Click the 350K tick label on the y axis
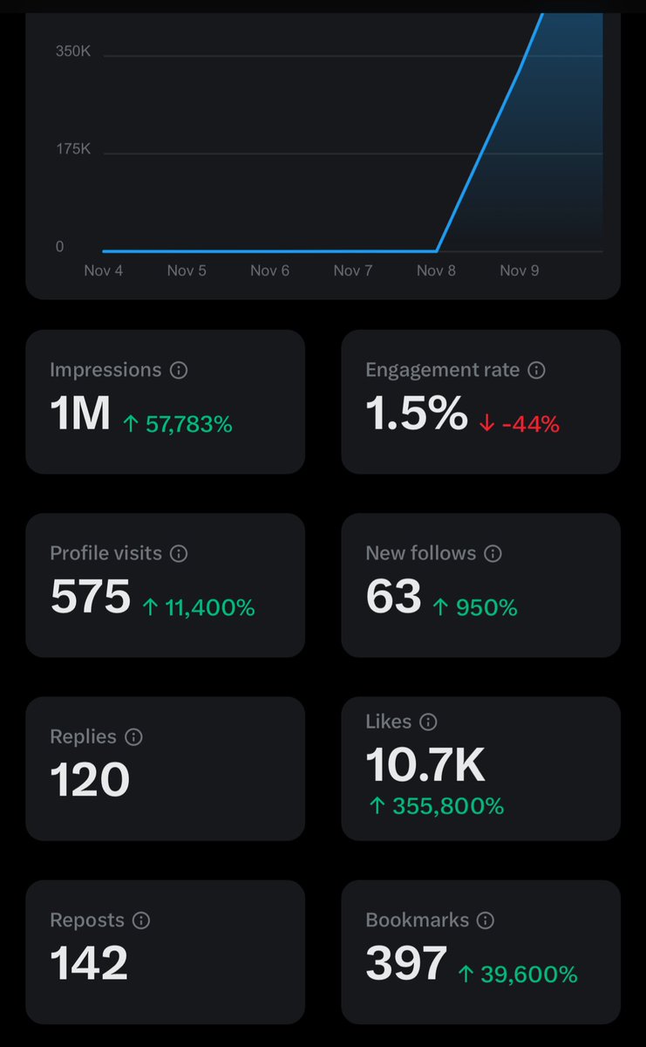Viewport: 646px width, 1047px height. click(73, 51)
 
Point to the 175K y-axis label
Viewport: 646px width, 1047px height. click(73, 149)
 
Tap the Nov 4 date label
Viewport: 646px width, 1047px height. click(103, 270)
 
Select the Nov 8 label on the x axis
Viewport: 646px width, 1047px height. click(436, 270)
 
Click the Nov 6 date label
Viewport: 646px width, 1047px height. click(269, 270)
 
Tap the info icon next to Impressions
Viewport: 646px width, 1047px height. click(179, 370)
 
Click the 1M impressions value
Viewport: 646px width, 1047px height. click(80, 414)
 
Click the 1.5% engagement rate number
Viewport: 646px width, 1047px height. click(417, 414)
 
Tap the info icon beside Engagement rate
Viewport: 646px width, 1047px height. click(537, 370)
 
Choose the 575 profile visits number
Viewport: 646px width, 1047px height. click(91, 597)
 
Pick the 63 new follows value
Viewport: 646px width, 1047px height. click(393, 597)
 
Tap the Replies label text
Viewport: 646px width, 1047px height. click(83, 736)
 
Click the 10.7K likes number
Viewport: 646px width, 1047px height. click(425, 765)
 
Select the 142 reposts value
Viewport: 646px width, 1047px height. click(89, 963)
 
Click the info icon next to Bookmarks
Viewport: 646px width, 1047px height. click(486, 920)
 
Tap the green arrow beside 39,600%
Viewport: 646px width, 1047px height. click(466, 975)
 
